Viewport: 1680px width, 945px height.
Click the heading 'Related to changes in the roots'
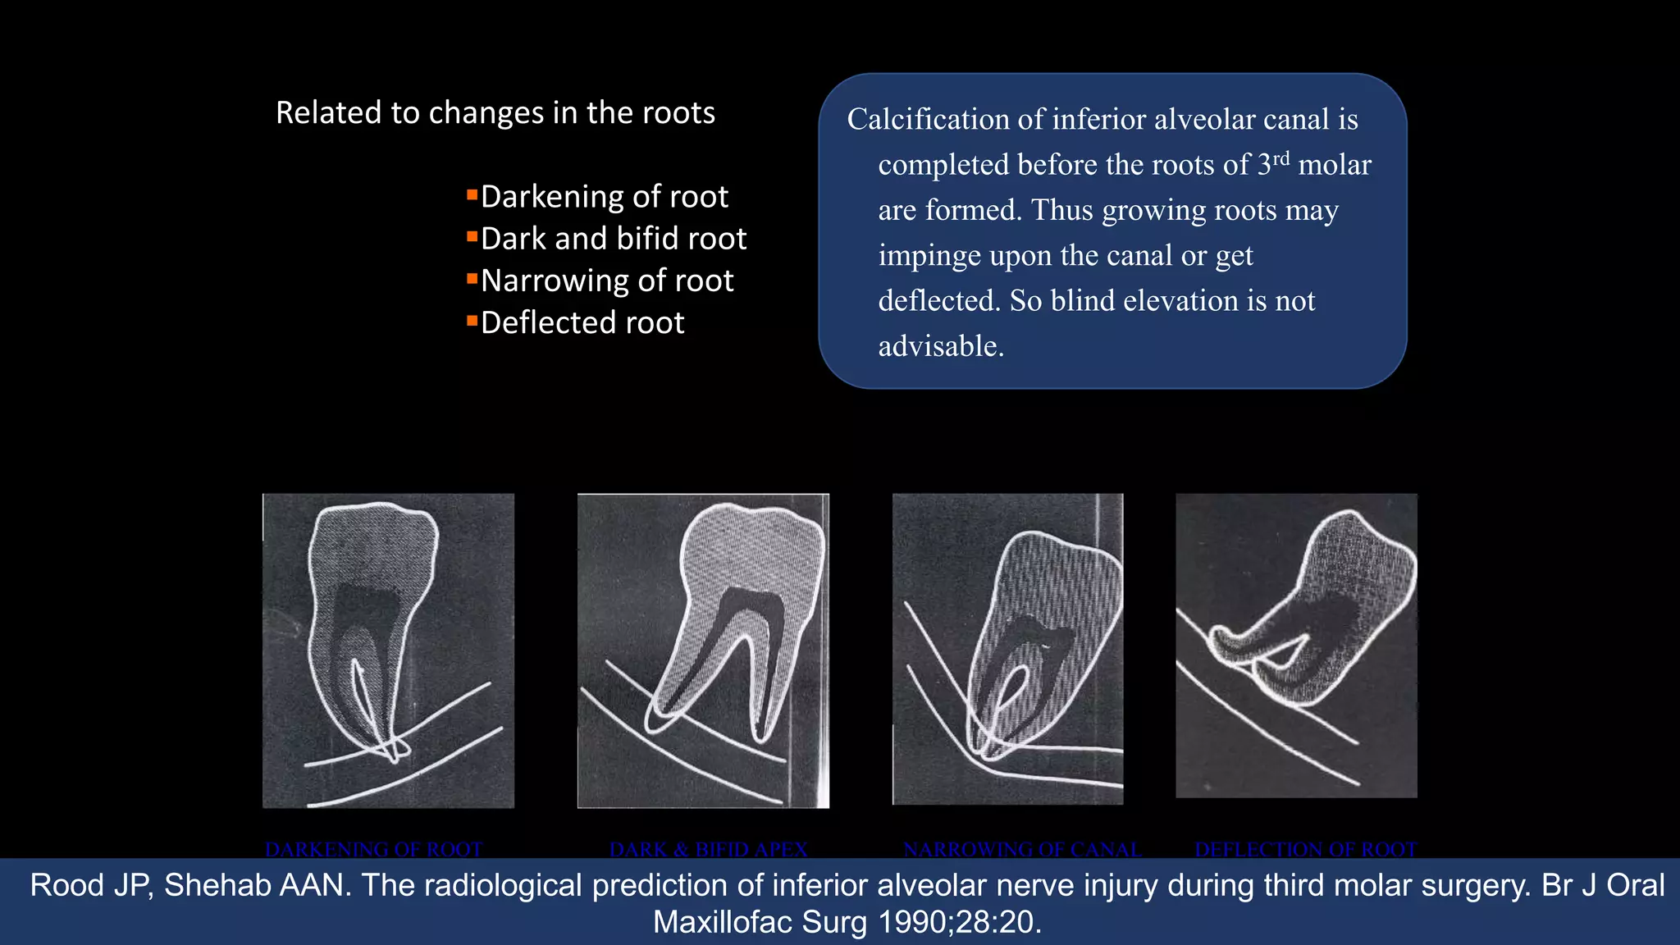click(495, 112)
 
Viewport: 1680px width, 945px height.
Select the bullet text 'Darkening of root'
click(604, 197)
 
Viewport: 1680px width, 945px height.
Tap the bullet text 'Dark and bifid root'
click(613, 239)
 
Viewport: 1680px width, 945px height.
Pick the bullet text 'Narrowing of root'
click(606, 281)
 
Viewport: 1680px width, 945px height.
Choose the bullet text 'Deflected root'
click(582, 323)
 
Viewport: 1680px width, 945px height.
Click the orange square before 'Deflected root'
click(472, 320)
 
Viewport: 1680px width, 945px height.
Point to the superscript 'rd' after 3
click(1281, 157)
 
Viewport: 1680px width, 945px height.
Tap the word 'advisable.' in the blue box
click(941, 346)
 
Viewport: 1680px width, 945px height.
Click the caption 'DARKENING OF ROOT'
click(373, 849)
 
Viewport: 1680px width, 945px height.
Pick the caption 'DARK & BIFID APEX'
click(708, 849)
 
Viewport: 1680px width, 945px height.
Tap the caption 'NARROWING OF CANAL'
click(1021, 849)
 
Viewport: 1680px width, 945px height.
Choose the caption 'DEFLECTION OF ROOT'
click(1305, 849)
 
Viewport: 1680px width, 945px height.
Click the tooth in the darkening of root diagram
click(369, 591)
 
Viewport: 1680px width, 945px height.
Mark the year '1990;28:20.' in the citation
click(960, 923)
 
